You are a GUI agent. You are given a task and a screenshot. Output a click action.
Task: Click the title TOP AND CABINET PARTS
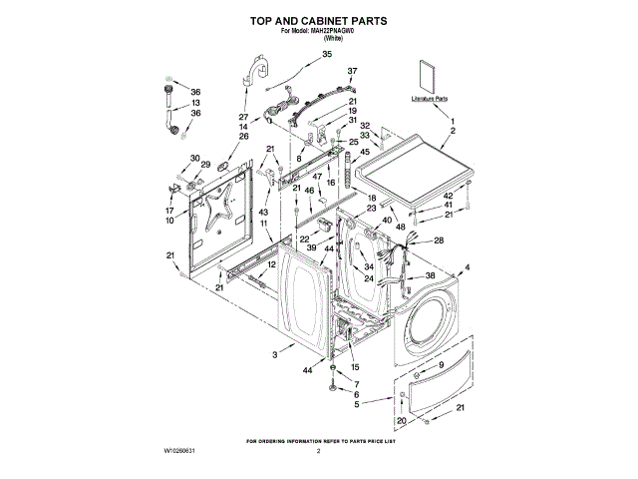[x=318, y=20]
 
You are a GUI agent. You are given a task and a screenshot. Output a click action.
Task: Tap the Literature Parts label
[x=429, y=100]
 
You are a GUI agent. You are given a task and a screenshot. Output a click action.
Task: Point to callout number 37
[x=352, y=72]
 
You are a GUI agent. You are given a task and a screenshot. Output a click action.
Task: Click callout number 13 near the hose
[x=195, y=103]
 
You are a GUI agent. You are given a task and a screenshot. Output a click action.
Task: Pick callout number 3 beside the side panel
[x=275, y=355]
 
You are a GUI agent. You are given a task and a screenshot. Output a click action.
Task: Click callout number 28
[x=438, y=241]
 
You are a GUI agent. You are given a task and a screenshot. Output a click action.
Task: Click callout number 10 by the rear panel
[x=170, y=221]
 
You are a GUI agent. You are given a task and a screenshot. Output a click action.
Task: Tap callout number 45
[x=365, y=152]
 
